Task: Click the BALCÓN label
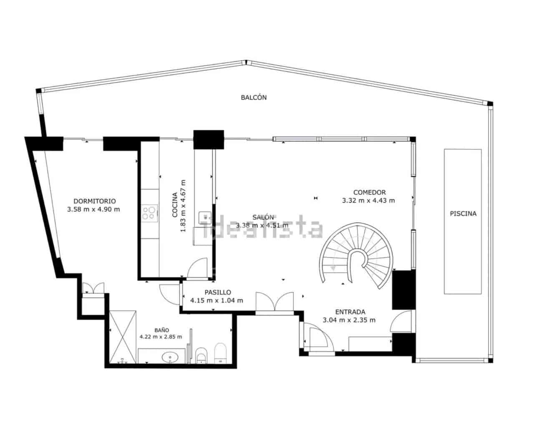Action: click(x=254, y=98)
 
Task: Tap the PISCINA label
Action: click(x=463, y=213)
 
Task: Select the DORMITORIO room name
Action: click(x=94, y=201)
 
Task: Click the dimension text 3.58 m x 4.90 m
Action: click(x=93, y=209)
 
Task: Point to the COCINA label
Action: click(x=175, y=205)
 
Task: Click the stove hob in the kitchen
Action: click(x=149, y=213)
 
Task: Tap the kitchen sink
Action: click(x=205, y=217)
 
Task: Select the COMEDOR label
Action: click(x=369, y=192)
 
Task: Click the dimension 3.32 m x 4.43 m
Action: click(x=368, y=201)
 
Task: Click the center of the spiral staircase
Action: click(x=357, y=259)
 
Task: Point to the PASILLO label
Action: click(x=217, y=292)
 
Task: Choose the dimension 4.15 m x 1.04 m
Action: click(x=217, y=300)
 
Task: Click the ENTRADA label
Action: click(x=350, y=312)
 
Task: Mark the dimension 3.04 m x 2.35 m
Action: click(x=349, y=320)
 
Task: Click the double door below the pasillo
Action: click(x=275, y=302)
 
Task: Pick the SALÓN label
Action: click(x=263, y=217)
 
